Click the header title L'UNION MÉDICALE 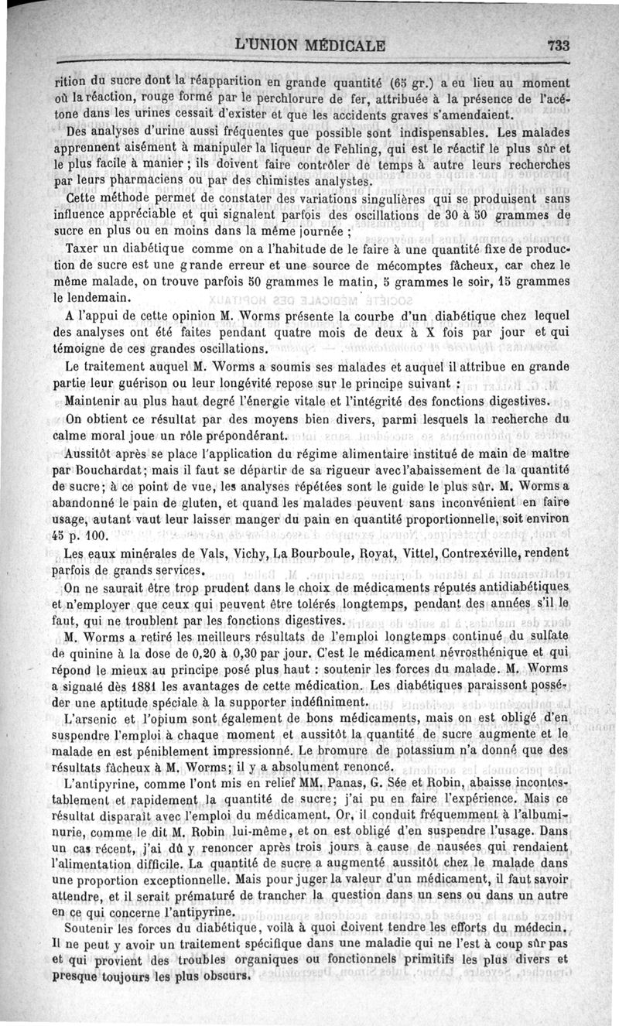click(x=309, y=44)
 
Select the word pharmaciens click(x=146, y=183)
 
